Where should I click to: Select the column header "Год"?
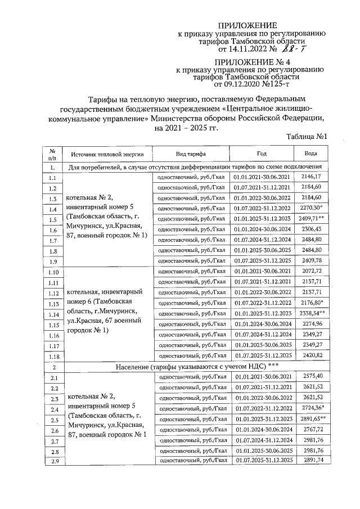[x=262, y=154]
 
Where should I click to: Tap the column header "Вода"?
[x=310, y=154]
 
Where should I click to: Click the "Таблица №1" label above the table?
[x=307, y=137]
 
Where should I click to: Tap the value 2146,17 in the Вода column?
[x=310, y=177]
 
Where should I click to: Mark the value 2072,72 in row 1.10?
[x=310, y=271]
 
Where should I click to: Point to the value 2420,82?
[x=310, y=355]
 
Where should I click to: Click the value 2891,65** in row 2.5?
[x=311, y=419]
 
